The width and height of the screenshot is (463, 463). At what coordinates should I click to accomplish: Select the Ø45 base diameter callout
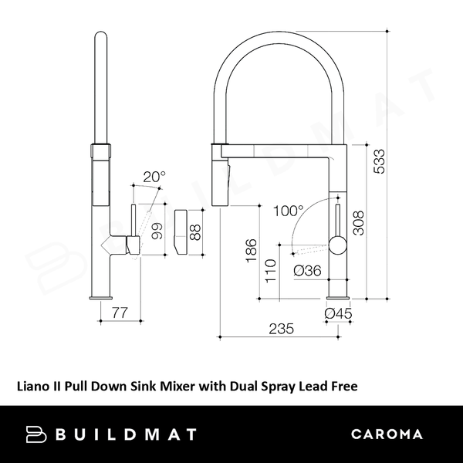point(338,313)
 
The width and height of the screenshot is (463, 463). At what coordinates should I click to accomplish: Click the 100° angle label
point(289,210)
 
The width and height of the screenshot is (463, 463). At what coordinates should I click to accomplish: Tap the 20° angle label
point(154,177)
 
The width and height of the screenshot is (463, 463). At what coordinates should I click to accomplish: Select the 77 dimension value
point(119,313)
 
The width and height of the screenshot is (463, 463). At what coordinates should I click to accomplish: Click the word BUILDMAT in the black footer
point(126,434)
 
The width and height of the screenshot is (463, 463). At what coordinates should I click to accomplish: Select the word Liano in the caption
point(35,383)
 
